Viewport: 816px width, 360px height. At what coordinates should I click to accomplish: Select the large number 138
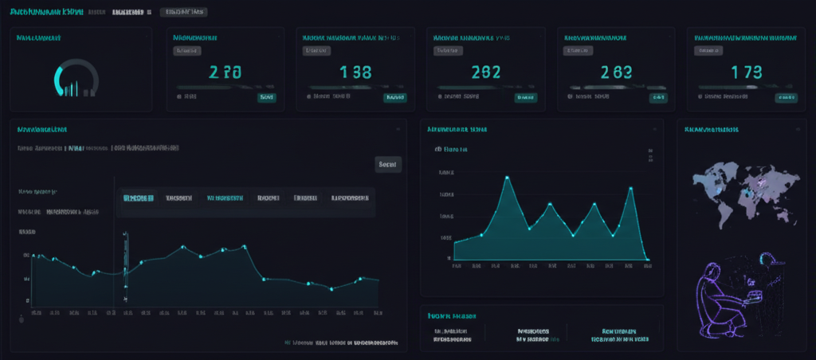[355, 72]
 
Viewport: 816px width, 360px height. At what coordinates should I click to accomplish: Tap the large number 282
[485, 72]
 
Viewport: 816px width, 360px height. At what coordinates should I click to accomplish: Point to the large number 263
[616, 72]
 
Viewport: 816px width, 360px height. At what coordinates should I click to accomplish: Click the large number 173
[747, 72]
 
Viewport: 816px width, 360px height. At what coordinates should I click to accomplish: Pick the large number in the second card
[225, 72]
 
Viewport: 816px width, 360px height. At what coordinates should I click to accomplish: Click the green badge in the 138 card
[394, 96]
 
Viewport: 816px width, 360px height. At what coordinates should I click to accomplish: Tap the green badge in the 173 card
[786, 96]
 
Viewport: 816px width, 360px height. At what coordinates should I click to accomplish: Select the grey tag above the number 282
[448, 50]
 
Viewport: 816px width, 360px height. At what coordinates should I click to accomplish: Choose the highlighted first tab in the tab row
[138, 198]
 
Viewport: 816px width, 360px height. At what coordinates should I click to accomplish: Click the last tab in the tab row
[350, 198]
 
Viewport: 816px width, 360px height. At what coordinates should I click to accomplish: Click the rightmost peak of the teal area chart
[630, 188]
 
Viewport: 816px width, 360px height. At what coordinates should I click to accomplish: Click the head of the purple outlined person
[766, 259]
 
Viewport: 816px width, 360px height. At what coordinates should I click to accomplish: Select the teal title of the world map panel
[711, 129]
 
